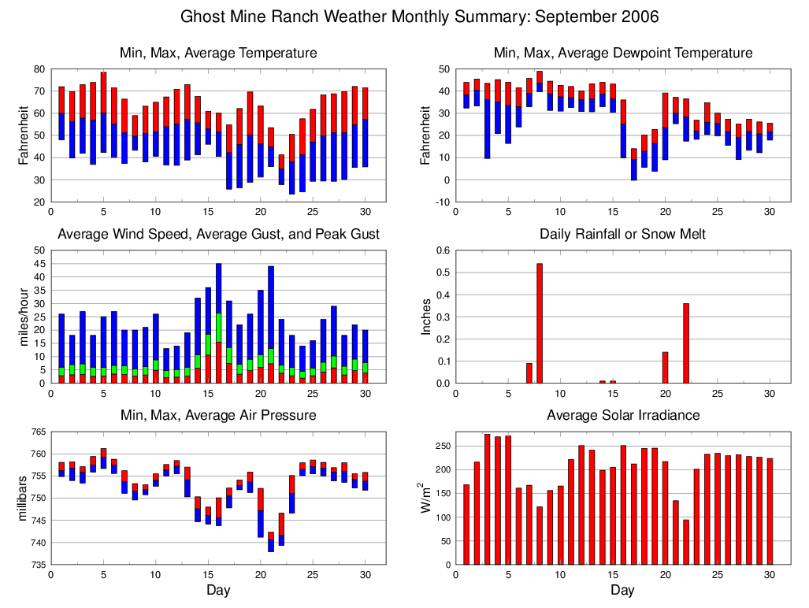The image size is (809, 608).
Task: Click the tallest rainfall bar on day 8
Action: tap(540, 323)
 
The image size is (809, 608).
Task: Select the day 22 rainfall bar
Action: tap(686, 343)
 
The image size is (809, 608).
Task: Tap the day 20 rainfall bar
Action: tap(665, 367)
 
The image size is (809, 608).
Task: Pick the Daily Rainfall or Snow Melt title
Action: tap(622, 234)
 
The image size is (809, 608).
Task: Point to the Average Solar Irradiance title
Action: tap(622, 415)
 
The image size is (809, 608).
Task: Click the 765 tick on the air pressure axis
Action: tap(37, 432)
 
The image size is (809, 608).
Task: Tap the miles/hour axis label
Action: tap(24, 317)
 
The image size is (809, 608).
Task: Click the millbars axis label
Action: tap(24, 498)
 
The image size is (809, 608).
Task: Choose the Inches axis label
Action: tap(426, 317)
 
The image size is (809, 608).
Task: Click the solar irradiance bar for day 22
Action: tap(686, 542)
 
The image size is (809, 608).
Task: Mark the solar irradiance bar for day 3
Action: tap(487, 499)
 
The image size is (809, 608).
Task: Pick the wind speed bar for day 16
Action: tap(218, 323)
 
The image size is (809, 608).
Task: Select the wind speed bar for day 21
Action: tap(271, 324)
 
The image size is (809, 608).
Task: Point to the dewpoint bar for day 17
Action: tap(633, 164)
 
